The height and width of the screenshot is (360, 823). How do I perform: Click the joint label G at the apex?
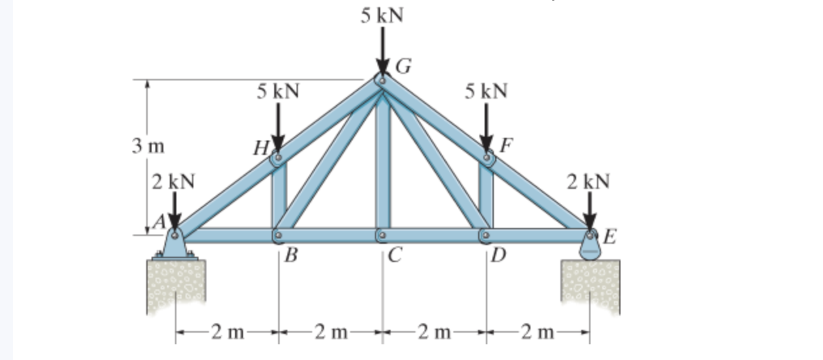(404, 66)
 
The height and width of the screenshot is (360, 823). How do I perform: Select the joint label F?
(505, 145)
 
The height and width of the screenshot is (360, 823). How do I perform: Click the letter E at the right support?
(609, 235)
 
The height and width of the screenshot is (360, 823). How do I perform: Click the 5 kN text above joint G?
(382, 14)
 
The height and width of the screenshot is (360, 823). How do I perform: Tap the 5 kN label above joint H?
(278, 91)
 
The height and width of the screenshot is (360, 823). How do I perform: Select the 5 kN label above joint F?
(486, 91)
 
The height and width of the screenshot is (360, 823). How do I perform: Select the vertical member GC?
(383, 163)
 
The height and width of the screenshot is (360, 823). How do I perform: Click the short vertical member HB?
(279, 196)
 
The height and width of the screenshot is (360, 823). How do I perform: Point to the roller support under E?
(590, 248)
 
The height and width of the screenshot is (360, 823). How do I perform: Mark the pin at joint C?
(382, 235)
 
